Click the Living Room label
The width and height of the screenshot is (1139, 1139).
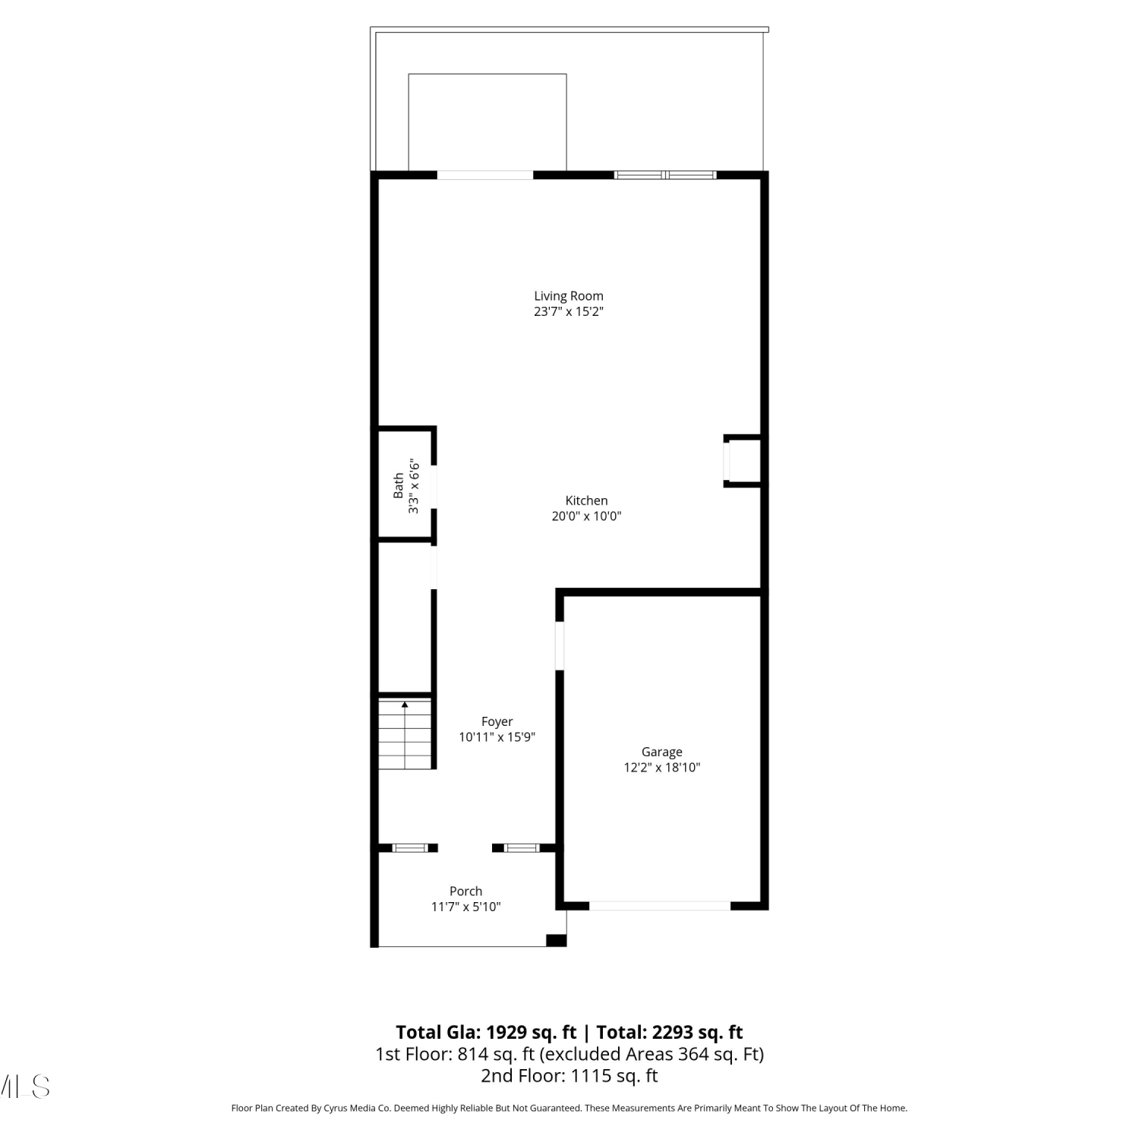(x=569, y=296)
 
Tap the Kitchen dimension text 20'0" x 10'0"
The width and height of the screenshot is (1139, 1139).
(x=586, y=516)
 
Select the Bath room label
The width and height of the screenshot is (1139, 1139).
(x=399, y=486)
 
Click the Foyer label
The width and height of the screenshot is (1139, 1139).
(x=497, y=721)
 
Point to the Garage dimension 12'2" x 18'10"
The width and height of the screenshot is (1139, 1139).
(x=662, y=768)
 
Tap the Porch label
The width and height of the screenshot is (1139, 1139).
(x=466, y=891)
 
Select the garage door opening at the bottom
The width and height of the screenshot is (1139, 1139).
(x=660, y=906)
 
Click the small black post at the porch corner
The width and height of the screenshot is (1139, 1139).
(x=557, y=940)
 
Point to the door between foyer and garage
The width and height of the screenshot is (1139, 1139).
(x=560, y=646)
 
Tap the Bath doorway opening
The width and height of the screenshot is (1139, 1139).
(x=434, y=487)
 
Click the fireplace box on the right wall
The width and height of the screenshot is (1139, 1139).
(x=743, y=461)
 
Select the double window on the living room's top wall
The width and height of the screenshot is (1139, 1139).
(x=665, y=175)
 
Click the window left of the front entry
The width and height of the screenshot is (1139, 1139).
(x=410, y=848)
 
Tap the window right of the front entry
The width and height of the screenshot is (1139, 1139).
(x=522, y=848)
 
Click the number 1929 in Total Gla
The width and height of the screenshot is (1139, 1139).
(x=506, y=1033)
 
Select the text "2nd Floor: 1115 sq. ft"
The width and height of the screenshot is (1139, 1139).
(x=569, y=1076)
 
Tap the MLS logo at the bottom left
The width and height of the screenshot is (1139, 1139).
(x=25, y=1087)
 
